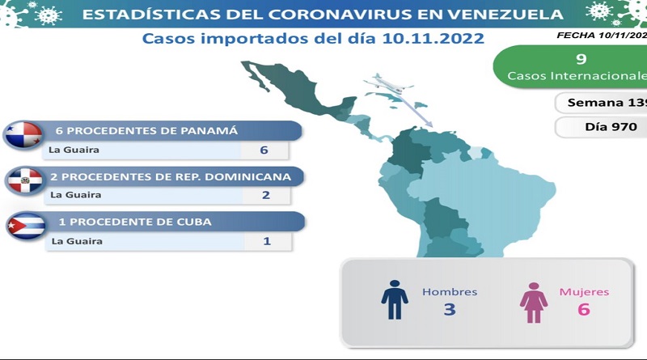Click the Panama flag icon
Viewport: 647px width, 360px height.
[x=23, y=134]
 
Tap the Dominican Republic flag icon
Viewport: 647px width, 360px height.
[x=25, y=180]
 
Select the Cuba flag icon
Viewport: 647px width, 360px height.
[x=27, y=226]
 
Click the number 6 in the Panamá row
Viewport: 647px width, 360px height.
[x=264, y=150]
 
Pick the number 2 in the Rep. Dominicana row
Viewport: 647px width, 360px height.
[x=266, y=195]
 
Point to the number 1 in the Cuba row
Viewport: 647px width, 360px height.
[x=267, y=241]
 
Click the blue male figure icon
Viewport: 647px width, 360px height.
[x=395, y=299]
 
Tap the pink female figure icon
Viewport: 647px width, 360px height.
[x=534, y=303]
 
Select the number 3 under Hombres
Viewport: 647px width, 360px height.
[x=450, y=309]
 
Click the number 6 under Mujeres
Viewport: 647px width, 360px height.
[x=583, y=309]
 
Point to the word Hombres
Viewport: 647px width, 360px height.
[x=450, y=292]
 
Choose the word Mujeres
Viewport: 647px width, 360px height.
[x=584, y=292]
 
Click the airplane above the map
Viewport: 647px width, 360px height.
[x=389, y=84]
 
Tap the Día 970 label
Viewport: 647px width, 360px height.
[x=611, y=127]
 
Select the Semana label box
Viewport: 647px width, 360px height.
[x=601, y=103]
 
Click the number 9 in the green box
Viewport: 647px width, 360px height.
[x=581, y=59]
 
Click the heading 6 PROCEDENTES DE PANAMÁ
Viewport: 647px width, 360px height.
[x=146, y=131]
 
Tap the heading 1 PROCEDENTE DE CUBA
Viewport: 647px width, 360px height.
[x=135, y=222]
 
